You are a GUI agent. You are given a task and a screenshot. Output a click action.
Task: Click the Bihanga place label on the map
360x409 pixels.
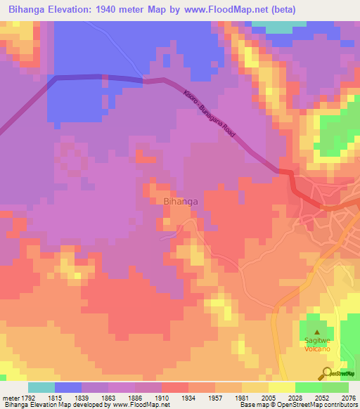click(180, 202)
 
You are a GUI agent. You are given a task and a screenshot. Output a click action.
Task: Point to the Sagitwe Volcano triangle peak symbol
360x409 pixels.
click(317, 332)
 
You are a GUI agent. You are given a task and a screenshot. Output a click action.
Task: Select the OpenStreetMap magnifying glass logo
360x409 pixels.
click(326, 373)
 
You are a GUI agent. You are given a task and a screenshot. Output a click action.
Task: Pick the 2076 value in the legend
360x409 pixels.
click(347, 398)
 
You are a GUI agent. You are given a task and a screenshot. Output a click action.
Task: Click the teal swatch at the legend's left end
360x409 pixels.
click(41, 387)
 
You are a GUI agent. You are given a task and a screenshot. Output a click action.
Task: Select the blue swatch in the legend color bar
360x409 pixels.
click(67, 387)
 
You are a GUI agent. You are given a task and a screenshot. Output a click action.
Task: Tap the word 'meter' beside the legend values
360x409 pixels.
click(10, 398)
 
